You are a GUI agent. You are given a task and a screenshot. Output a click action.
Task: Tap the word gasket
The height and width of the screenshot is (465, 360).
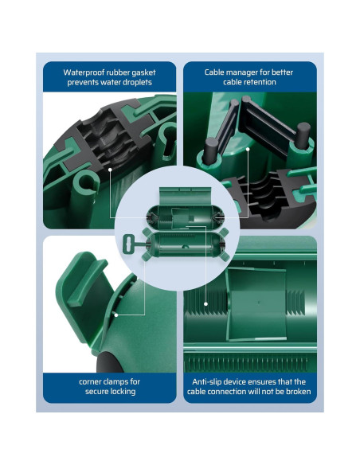tap(144, 73)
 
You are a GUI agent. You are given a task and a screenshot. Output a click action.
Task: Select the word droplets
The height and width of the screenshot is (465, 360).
tap(138, 83)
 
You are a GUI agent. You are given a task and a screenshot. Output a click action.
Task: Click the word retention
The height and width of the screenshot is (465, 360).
tap(262, 82)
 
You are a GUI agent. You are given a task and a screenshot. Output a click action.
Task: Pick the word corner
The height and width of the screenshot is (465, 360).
tap(90, 382)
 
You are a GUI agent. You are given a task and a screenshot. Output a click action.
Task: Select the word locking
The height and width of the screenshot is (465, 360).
tap(123, 392)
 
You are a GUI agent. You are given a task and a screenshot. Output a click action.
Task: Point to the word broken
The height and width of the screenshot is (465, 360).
tap(299, 392)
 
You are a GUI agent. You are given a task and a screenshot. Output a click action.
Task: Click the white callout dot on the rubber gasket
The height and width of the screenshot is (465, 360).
tap(110, 170)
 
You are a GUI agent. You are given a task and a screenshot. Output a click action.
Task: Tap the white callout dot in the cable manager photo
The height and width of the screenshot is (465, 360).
tap(248, 149)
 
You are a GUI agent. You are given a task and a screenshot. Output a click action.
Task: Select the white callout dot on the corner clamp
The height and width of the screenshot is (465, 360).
tap(116, 315)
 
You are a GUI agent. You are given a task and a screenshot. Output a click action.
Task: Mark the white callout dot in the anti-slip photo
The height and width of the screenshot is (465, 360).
tap(205, 304)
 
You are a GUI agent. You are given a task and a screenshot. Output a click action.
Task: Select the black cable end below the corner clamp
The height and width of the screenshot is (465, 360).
tap(109, 361)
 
